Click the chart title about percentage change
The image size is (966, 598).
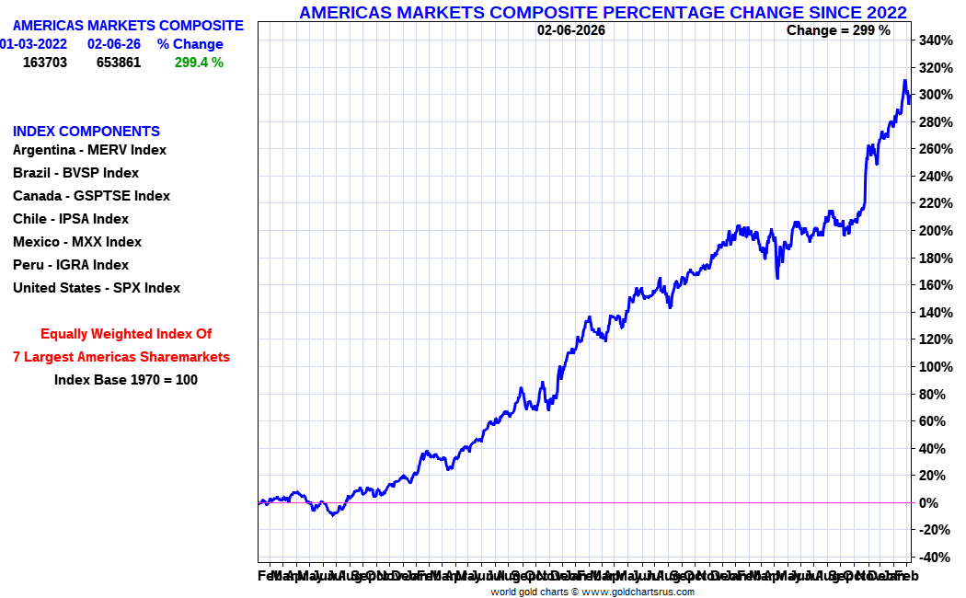click(603, 12)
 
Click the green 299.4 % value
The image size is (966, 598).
click(199, 63)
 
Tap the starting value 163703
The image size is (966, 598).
click(45, 63)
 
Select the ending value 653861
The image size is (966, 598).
click(119, 63)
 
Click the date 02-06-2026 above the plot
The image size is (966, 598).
click(571, 30)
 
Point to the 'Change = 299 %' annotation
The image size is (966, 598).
click(838, 30)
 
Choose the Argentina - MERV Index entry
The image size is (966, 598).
click(89, 150)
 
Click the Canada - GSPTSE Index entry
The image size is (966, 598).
click(91, 196)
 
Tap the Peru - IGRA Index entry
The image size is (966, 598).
click(71, 265)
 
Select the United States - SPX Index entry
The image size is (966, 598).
click(97, 288)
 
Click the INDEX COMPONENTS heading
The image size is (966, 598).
click(86, 132)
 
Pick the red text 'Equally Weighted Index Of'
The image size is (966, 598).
click(126, 334)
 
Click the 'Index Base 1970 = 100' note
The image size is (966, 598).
click(126, 379)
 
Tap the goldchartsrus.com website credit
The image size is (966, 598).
click(592, 592)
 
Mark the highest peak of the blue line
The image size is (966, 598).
click(904, 81)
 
